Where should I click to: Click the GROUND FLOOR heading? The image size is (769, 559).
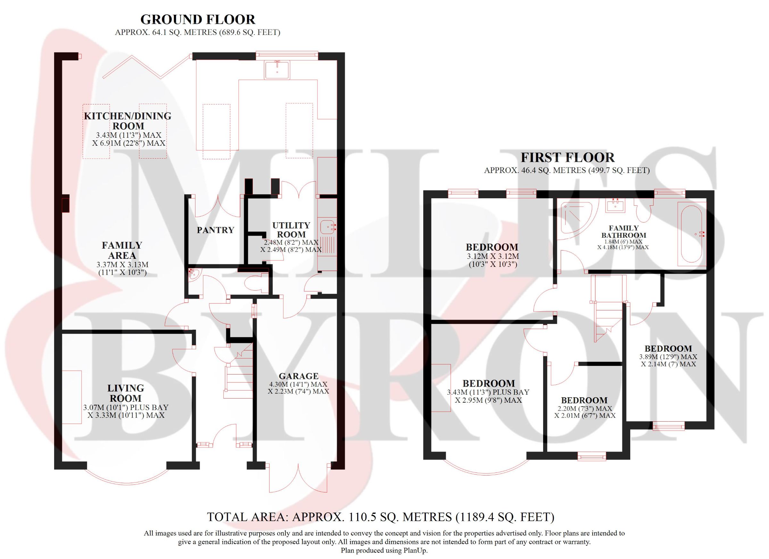(198, 20)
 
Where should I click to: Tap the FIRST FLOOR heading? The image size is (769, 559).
(567, 158)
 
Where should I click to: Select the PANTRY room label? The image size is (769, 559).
(216, 230)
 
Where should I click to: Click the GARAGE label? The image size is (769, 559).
(298, 376)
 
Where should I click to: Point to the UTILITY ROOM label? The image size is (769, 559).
(291, 230)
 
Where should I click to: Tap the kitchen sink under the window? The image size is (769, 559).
(277, 70)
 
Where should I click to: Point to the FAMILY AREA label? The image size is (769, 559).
(122, 250)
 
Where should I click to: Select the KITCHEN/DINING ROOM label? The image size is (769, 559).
(128, 121)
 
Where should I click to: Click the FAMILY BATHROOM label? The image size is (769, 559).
(624, 232)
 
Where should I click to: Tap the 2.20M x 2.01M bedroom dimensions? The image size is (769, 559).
(584, 412)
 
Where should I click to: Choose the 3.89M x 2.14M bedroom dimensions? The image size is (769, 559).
(668, 360)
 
